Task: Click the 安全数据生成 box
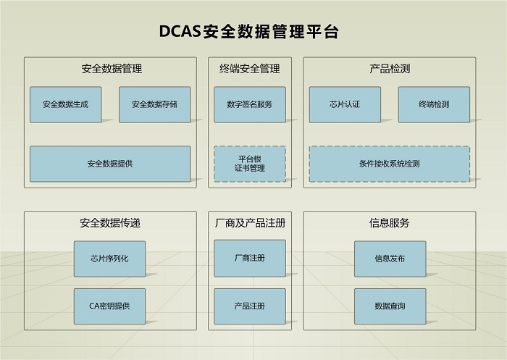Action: [x=65, y=104]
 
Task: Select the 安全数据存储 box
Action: [x=154, y=104]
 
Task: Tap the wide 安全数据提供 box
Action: [x=110, y=164]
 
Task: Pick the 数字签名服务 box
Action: [x=249, y=104]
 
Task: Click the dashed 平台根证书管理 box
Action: [x=249, y=164]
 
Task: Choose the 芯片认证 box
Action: [x=345, y=104]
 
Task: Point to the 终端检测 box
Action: [x=434, y=104]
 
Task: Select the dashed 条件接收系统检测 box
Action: [x=389, y=164]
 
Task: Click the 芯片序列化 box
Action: [x=109, y=258]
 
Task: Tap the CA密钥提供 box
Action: [x=109, y=306]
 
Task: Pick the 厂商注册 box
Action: [x=249, y=258]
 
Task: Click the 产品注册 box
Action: [x=249, y=306]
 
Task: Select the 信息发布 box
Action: [x=390, y=258]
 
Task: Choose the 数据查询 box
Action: [x=390, y=306]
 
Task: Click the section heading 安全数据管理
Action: [x=112, y=70]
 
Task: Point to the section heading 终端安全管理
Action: [x=249, y=70]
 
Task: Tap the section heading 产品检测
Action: [x=390, y=70]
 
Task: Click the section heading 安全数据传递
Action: [x=110, y=223]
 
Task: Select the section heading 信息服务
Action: [x=390, y=223]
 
